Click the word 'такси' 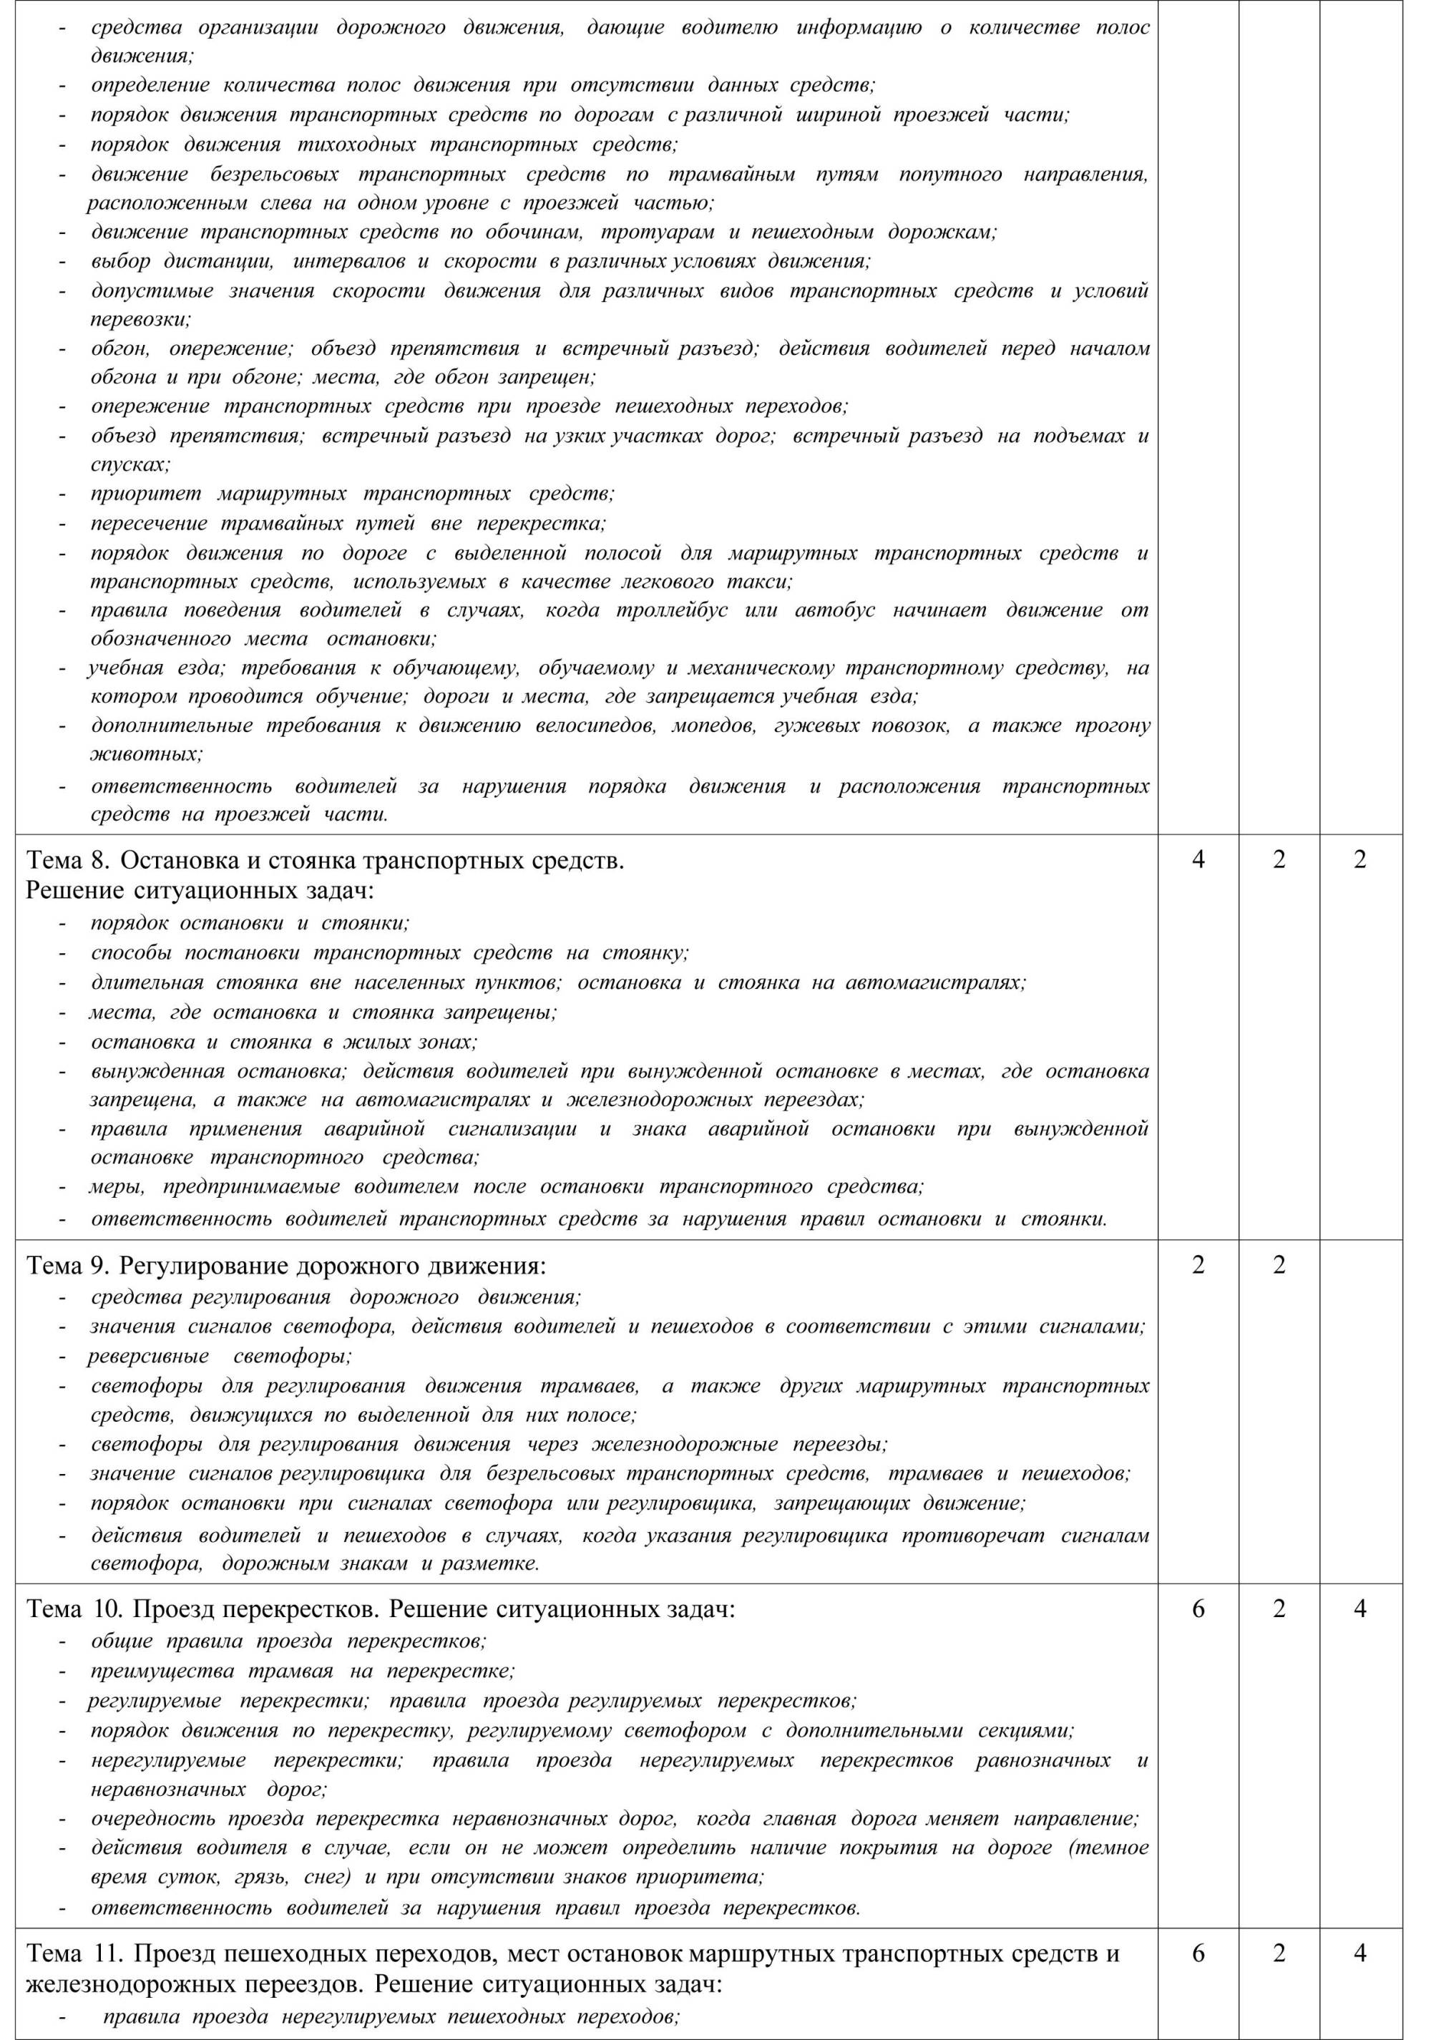(x=759, y=582)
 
